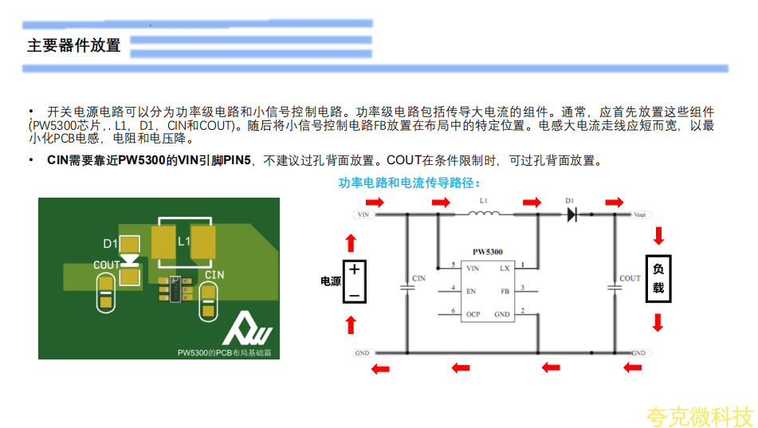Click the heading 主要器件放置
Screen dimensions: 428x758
tap(74, 45)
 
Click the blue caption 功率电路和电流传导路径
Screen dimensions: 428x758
tap(408, 183)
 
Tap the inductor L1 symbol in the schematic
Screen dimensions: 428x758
tap(485, 213)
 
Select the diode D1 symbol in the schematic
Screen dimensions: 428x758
tap(571, 214)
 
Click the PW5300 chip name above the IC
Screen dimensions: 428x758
tap(487, 252)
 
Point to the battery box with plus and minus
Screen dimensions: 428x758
tap(355, 281)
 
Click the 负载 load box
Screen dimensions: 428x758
tap(658, 279)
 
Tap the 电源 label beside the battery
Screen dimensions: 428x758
tap(330, 281)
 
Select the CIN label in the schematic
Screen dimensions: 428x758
tap(418, 278)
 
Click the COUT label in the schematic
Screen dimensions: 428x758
tap(630, 278)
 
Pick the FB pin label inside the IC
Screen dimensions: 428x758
tap(505, 292)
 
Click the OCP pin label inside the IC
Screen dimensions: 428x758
tap(473, 314)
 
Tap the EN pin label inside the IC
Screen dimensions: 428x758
tap(471, 292)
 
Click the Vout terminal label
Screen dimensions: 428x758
tap(639, 214)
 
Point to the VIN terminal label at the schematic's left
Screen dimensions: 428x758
tap(363, 214)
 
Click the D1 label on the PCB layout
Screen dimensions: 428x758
tap(110, 243)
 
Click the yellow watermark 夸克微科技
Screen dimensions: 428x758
tap(700, 416)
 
